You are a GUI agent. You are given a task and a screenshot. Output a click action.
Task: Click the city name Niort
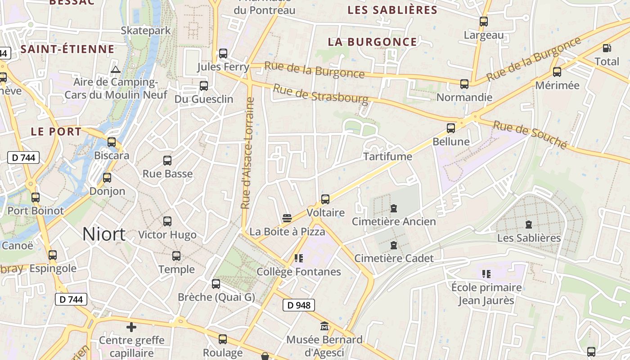(x=104, y=234)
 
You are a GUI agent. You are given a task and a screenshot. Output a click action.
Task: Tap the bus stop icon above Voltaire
(x=325, y=199)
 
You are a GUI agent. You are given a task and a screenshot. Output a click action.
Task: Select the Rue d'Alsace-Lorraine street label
(x=246, y=153)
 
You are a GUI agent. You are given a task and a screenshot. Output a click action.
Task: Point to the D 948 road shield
(x=299, y=305)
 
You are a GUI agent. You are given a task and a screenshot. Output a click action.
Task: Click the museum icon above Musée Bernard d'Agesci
(x=324, y=326)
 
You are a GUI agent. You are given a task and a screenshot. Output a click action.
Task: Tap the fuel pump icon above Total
(x=607, y=48)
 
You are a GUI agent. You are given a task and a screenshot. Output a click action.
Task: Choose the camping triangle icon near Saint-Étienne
(x=116, y=69)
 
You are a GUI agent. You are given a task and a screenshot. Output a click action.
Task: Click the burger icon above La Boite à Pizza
(x=287, y=219)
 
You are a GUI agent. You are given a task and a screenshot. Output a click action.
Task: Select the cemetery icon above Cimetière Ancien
(x=394, y=208)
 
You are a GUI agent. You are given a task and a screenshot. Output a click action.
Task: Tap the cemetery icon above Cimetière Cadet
(x=394, y=245)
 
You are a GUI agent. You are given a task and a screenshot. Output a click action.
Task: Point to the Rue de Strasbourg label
(x=320, y=94)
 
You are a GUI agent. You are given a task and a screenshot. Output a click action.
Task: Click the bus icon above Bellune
(x=450, y=128)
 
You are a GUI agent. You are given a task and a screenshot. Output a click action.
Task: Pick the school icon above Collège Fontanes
(x=298, y=258)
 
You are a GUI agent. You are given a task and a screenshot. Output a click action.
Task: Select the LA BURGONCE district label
(x=373, y=42)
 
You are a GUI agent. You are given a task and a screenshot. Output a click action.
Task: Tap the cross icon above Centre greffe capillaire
(x=131, y=327)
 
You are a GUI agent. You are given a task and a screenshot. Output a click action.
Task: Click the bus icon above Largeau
(x=484, y=21)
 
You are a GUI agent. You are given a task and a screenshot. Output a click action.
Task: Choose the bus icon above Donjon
(x=107, y=178)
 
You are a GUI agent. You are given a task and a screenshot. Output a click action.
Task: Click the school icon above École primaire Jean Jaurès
(x=486, y=274)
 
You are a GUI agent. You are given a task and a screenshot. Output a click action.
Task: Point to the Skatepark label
(x=146, y=31)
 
